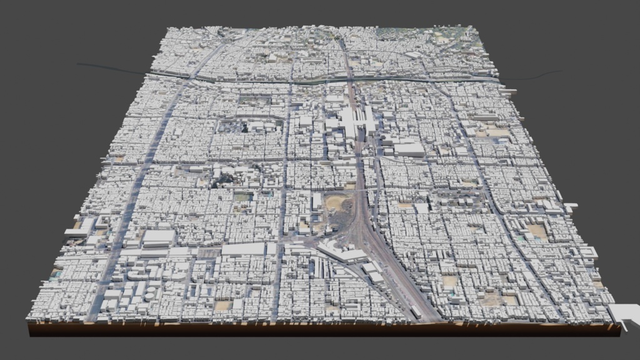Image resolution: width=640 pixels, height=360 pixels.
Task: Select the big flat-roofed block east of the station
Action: [409, 149]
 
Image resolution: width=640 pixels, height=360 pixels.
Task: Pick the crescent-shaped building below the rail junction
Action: [342, 254]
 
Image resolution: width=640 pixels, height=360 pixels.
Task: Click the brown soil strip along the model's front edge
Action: [312, 328]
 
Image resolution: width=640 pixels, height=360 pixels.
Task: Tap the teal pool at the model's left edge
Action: [57, 274]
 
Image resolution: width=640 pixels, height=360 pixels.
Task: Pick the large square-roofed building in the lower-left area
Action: [159, 237]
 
